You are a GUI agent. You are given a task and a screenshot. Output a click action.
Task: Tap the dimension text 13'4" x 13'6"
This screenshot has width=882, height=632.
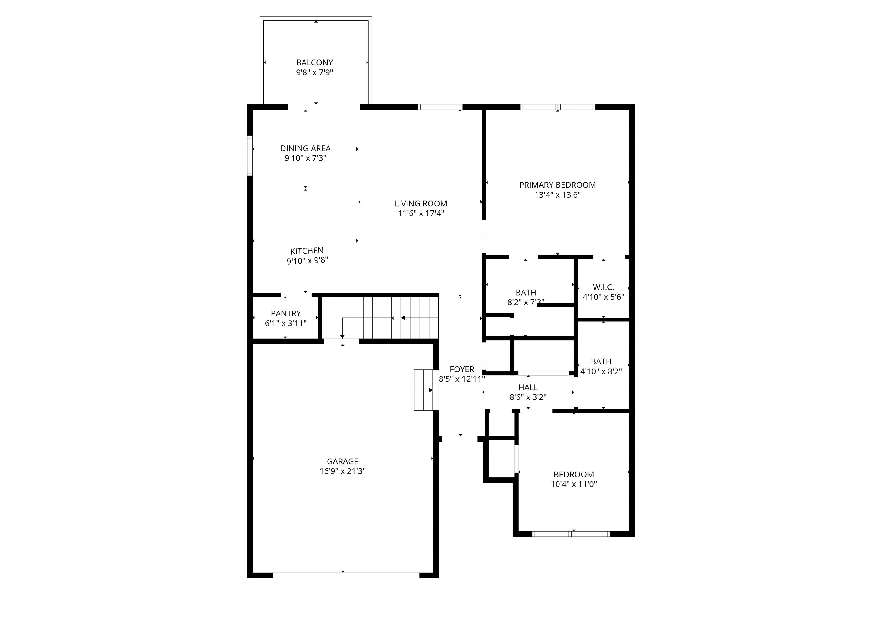click(557, 195)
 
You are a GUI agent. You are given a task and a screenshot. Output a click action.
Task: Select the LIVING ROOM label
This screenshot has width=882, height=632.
click(421, 203)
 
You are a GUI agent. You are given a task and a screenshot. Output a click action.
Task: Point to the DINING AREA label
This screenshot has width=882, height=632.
click(305, 148)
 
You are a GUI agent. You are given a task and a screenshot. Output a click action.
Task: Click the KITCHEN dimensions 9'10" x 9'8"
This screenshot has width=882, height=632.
click(307, 260)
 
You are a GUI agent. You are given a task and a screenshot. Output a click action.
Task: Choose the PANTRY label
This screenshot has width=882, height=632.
click(286, 313)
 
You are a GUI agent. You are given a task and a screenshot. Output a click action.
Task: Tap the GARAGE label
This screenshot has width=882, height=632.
click(342, 461)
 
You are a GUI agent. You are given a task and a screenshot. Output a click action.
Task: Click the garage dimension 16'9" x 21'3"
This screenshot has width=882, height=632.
click(342, 471)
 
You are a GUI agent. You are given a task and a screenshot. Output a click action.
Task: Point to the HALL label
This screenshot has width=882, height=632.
click(528, 387)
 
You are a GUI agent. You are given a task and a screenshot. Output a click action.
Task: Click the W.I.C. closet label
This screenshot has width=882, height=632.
click(603, 287)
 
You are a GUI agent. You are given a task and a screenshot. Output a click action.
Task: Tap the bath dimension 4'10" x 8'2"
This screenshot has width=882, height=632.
click(601, 371)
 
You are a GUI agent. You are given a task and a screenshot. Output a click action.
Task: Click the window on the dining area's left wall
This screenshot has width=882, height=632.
click(250, 156)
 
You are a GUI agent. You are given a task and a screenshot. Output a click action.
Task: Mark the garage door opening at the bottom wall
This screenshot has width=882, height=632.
click(346, 575)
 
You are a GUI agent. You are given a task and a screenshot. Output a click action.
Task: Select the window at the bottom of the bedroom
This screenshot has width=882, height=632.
click(571, 534)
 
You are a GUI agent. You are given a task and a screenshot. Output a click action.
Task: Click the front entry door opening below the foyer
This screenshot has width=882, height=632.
click(460, 439)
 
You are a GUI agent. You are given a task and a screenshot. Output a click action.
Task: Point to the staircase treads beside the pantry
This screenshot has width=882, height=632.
click(400, 318)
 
